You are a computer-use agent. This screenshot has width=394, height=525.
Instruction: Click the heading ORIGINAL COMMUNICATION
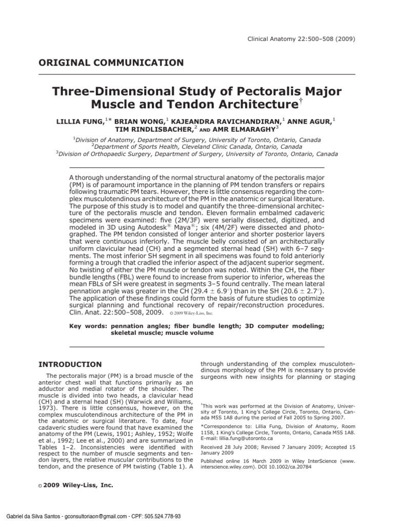[111, 63]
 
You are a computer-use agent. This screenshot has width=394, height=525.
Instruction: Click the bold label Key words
[87, 326]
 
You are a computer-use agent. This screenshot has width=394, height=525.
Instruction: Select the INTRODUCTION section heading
[70, 365]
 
